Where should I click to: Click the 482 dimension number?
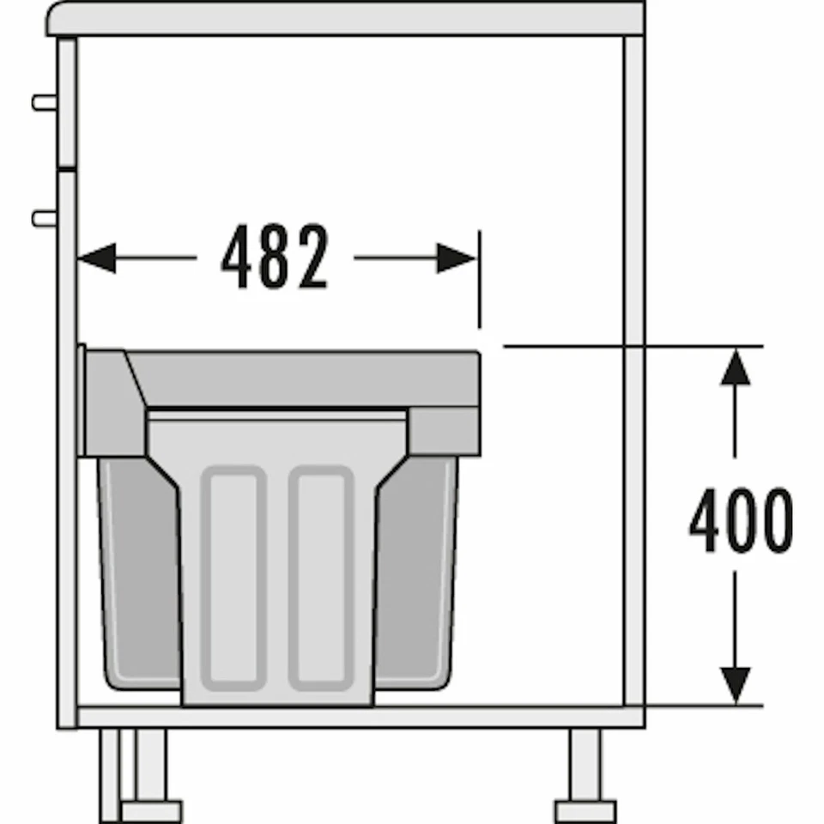point(275,257)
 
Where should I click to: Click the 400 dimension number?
point(740,520)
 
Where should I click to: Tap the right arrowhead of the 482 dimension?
point(457,257)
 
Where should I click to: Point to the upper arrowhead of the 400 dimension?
point(735,367)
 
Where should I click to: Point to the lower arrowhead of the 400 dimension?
point(735,685)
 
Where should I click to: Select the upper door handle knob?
point(44,102)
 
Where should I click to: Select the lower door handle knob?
point(44,218)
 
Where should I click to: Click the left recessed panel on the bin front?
point(233,577)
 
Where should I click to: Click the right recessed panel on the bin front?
point(321,577)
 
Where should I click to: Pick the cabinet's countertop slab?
point(343,19)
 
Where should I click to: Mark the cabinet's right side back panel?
point(633,369)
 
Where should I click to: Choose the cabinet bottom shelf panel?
point(360,716)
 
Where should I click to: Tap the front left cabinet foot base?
point(151,810)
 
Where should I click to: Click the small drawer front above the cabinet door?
point(66,101)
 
